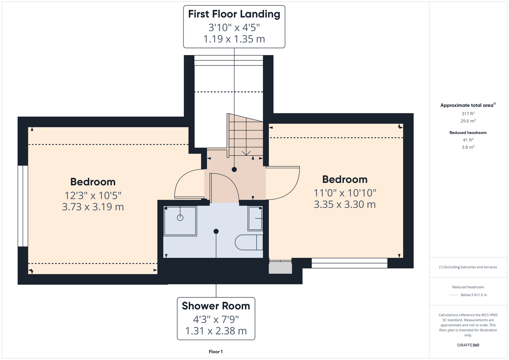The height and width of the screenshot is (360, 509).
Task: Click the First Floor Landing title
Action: click(234, 14)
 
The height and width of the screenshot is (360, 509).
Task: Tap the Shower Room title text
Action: click(216, 306)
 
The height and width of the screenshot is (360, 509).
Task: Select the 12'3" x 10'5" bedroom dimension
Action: click(93, 195)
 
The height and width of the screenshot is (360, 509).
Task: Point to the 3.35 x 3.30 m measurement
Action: click(345, 204)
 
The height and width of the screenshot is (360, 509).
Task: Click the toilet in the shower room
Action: click(249, 242)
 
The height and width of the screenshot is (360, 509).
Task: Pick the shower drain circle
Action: click(180, 217)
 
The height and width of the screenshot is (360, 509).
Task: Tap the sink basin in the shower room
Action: click(255, 219)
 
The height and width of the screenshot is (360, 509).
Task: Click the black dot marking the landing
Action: click(234, 170)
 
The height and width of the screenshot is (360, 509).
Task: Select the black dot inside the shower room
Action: click(216, 231)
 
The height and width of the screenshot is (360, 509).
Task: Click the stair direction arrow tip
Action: click(246, 156)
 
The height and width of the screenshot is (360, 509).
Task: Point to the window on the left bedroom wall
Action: click(23, 206)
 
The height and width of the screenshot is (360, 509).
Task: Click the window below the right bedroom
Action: click(349, 263)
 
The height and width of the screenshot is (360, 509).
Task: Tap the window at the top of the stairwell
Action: click(229, 60)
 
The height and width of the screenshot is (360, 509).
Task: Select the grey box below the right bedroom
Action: click(280, 268)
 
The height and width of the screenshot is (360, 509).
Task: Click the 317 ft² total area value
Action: click(468, 113)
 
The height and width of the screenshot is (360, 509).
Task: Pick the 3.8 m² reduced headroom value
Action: click(468, 147)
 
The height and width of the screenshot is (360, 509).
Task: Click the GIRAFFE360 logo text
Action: click(468, 345)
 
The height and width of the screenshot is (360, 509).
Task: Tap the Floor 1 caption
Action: click(216, 352)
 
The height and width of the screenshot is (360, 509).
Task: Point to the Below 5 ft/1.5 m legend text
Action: click(474, 295)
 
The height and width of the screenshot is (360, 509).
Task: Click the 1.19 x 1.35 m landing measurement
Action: click(234, 39)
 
